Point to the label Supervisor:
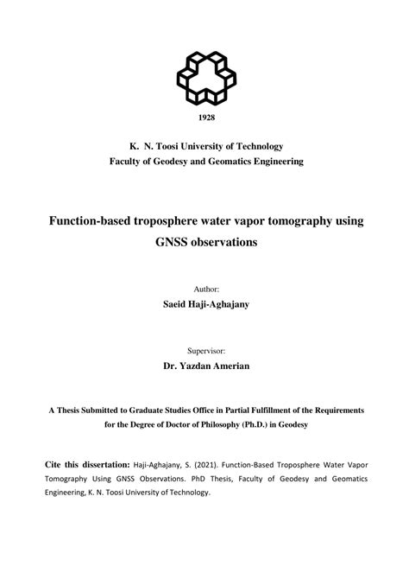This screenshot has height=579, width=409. pos(205,352)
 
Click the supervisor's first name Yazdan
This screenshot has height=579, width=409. pos(199,367)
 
